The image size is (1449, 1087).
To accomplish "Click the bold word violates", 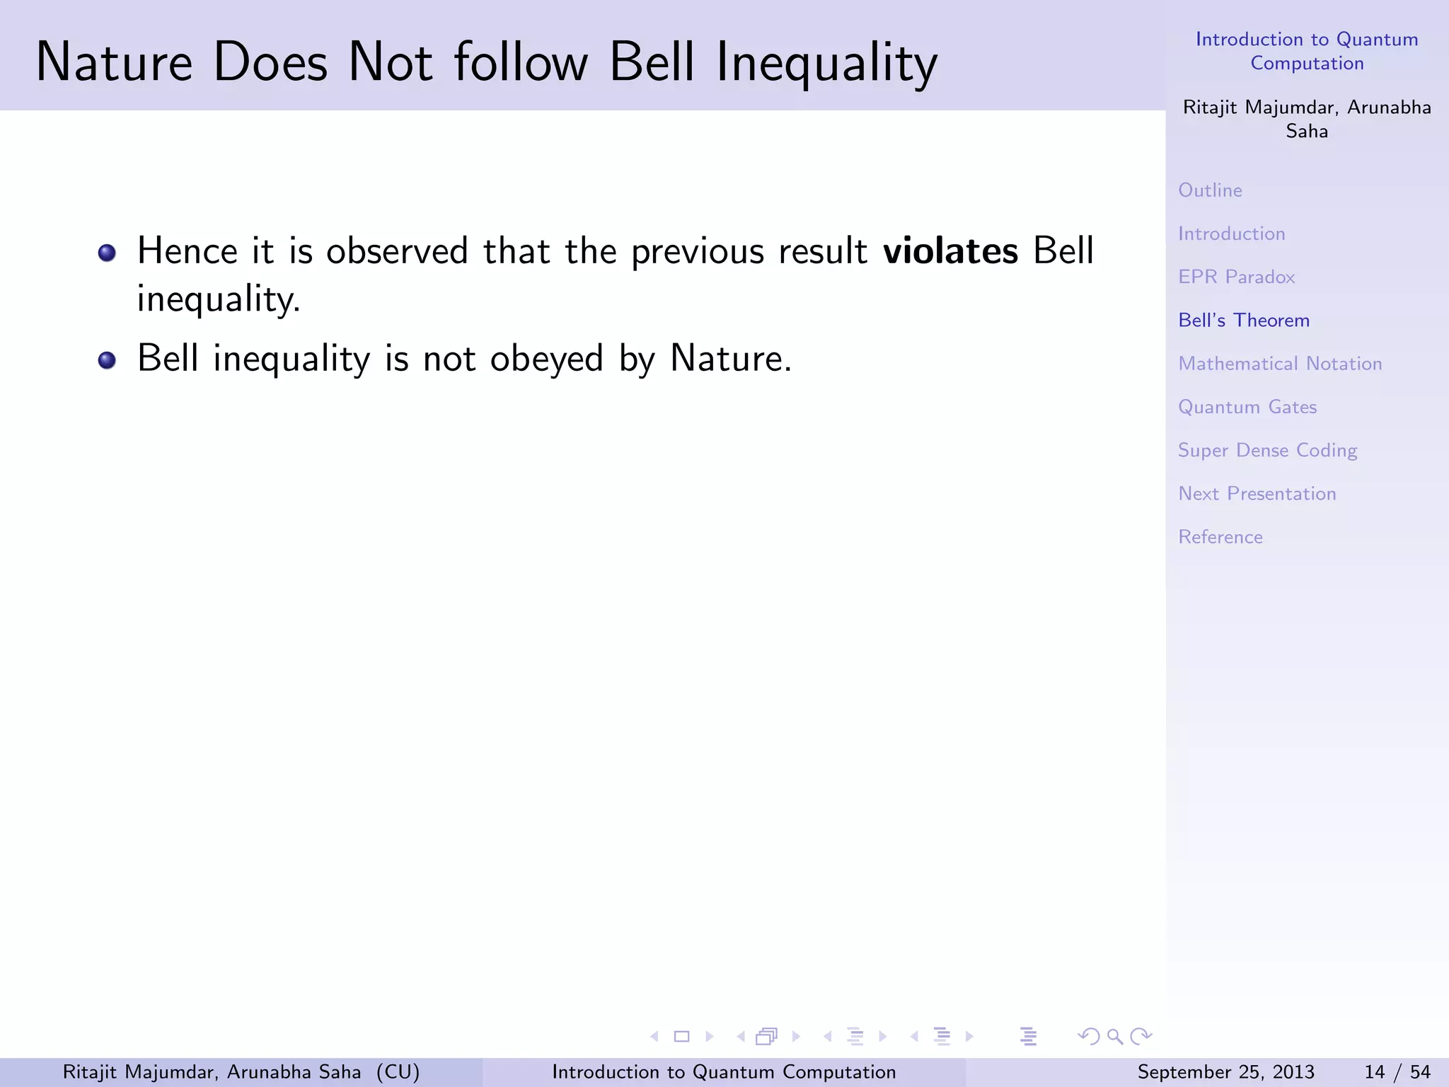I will point(950,251).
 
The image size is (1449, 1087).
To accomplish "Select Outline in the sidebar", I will point(1210,190).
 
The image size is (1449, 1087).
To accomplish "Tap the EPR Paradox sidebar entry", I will point(1236,277).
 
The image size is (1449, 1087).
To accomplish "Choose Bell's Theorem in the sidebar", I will point(1244,321).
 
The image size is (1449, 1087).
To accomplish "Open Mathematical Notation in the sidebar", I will point(1280,364).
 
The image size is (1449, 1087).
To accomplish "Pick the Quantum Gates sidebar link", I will point(1247,407).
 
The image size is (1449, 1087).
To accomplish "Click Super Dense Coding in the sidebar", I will point(1267,451).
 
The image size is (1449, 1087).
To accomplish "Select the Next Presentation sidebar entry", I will point(1257,494).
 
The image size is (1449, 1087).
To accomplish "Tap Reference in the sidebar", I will point(1220,537).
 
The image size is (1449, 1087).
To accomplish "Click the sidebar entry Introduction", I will point(1231,234).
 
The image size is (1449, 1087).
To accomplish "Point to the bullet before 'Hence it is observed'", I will point(107,253).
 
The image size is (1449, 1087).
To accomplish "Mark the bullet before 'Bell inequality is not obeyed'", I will point(107,360).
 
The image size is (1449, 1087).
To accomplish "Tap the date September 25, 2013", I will point(1225,1072).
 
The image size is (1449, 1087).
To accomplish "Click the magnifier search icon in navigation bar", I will point(1115,1037).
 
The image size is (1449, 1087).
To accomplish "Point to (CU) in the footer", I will point(398,1072).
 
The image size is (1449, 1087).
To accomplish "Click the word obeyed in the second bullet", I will point(546,359).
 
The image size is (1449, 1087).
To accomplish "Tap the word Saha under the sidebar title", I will point(1306,132).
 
